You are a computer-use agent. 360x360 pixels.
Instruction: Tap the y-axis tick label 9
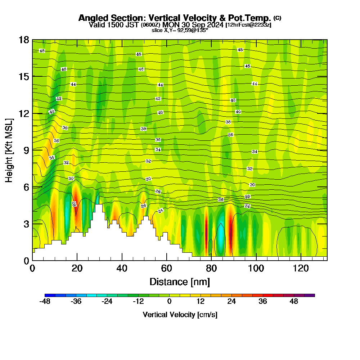[x=26, y=150]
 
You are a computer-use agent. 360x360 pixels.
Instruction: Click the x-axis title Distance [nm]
[x=180, y=282]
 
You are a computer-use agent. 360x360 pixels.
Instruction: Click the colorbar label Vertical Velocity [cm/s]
[x=180, y=315]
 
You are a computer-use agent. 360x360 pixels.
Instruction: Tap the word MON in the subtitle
[x=170, y=25]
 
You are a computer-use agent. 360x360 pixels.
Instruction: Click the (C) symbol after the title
[x=278, y=18]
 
